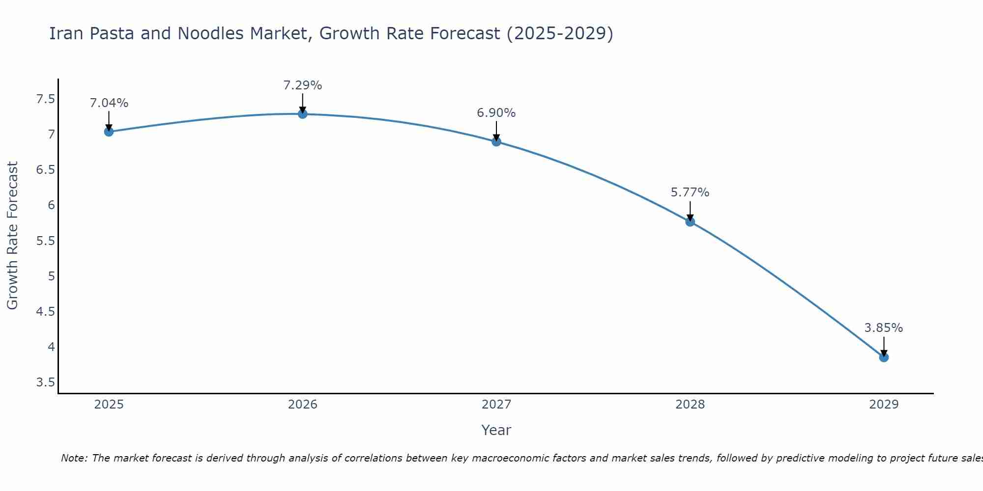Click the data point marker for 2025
coord(109,132)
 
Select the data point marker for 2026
coord(303,114)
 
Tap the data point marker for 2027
coord(496,142)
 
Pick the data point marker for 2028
coord(690,222)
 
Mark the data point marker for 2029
coord(884,357)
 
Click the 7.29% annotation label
coord(303,85)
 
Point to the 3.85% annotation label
coord(884,328)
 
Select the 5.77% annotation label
coord(690,192)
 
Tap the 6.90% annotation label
coord(496,113)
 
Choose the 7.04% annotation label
coord(109,103)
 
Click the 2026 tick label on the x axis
coord(303,405)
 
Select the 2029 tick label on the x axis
coord(884,405)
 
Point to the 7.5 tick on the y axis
coord(46,100)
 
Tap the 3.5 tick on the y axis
coord(46,382)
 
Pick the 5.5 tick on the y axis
coord(46,241)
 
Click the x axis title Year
coord(496,430)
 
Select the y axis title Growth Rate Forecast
coord(13,236)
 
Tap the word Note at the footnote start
coord(74,458)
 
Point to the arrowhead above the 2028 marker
coord(690,218)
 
